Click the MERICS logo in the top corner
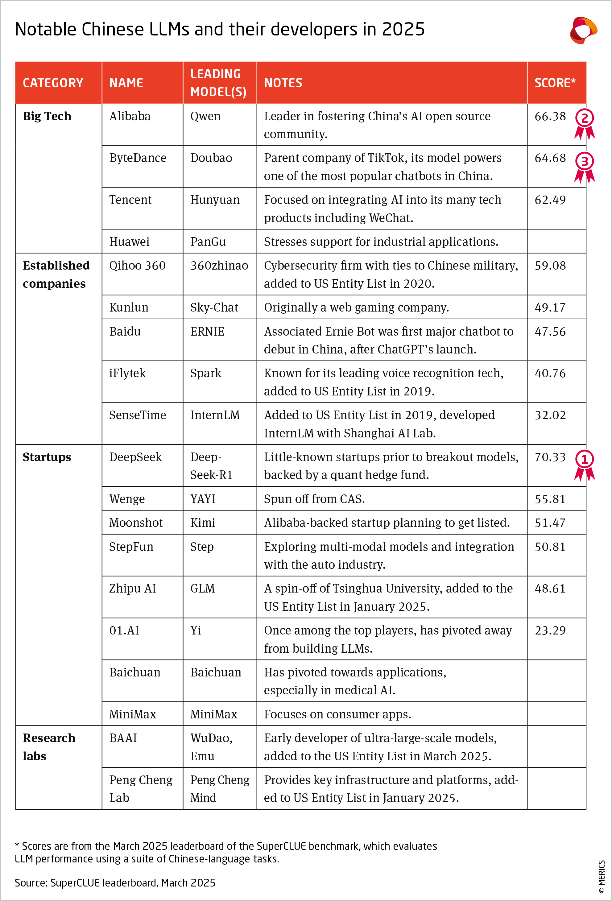point(583,30)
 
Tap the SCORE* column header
point(555,83)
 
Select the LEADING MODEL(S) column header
point(218,83)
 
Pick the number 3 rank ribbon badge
point(585,167)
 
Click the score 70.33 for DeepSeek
point(550,457)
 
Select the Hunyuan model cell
point(215,200)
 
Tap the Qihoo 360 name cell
point(137,266)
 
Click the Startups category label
point(47,457)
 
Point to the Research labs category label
point(49,747)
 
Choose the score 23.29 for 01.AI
point(550,630)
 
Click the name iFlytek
point(127,373)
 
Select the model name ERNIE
point(207,332)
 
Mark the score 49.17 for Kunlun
point(550,308)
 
